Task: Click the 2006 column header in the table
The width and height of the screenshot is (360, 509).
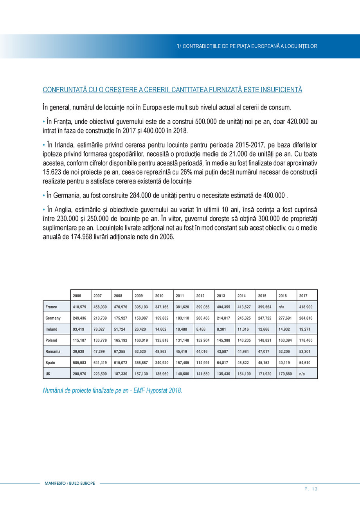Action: (76, 295)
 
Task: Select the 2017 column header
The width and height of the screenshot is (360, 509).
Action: (303, 295)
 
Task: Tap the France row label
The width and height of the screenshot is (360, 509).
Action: (51, 307)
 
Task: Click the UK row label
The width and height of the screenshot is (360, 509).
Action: (48, 374)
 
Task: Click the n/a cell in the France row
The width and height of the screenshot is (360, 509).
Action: (281, 307)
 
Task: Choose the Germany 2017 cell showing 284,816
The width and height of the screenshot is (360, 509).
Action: (306, 318)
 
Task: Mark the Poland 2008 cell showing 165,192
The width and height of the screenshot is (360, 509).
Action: (120, 340)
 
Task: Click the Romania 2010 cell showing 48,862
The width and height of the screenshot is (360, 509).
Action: (161, 351)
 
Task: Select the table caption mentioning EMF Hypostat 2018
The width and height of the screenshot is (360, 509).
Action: (112, 390)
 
